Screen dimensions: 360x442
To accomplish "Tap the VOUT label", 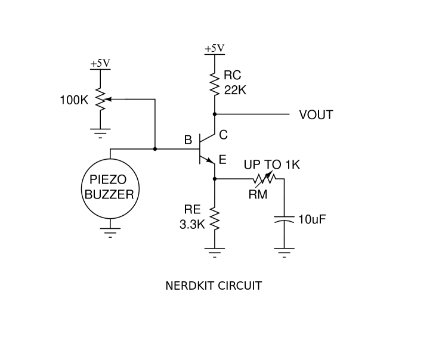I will click(316, 115).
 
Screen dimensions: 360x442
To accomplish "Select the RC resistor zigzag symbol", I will click(214, 83).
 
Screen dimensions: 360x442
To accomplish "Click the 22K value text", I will click(235, 90).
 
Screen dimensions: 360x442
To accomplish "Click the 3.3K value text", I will click(192, 225).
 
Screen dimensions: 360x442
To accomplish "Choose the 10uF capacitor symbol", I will click(284, 219).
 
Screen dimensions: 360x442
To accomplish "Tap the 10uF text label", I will click(312, 219).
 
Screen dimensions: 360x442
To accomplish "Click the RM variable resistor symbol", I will click(263, 179).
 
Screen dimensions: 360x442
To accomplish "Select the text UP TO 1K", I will click(271, 165).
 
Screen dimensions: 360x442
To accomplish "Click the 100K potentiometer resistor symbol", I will click(100, 100).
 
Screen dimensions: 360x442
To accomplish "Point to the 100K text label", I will click(73, 100).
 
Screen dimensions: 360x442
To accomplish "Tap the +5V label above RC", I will click(214, 48).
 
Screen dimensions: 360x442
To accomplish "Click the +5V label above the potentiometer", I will click(100, 63).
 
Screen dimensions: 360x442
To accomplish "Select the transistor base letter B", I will click(188, 141).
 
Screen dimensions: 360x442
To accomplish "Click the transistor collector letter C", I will click(223, 135).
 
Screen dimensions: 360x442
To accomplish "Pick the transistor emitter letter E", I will click(222, 160).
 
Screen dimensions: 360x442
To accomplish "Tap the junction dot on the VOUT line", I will click(214, 114).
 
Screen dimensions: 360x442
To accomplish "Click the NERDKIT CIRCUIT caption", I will click(213, 285).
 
